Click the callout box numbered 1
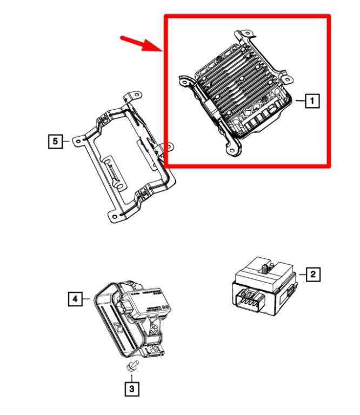(x=312, y=100)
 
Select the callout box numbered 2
(x=312, y=275)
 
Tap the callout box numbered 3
(x=131, y=388)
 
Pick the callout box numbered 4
(x=76, y=298)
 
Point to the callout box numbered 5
(x=54, y=141)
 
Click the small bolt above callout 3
(x=131, y=367)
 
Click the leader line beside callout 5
(x=65, y=141)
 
